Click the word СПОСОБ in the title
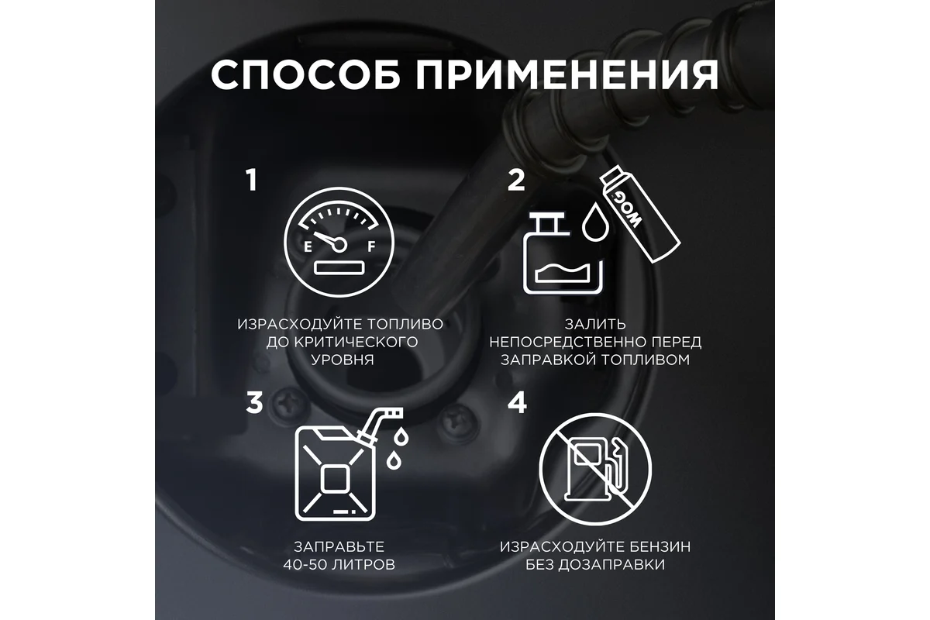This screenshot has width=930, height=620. pyautogui.click(x=305, y=74)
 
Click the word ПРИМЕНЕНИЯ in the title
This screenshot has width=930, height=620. pyautogui.click(x=567, y=74)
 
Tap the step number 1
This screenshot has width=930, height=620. pyautogui.click(x=252, y=180)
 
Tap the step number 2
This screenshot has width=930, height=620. pyautogui.click(x=516, y=181)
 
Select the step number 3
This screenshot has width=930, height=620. pyautogui.click(x=254, y=402)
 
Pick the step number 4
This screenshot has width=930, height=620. pyautogui.click(x=518, y=402)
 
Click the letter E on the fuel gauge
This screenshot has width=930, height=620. pyautogui.click(x=308, y=247)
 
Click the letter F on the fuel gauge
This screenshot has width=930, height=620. pyautogui.click(x=371, y=246)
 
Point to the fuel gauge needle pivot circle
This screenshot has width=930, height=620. pyautogui.click(x=339, y=245)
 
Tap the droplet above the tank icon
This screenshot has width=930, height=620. pyautogui.click(x=595, y=222)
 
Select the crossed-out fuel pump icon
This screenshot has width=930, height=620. pyautogui.click(x=595, y=469)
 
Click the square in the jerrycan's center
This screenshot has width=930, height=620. pyautogui.click(x=335, y=478)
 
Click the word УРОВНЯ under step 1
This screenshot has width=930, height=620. pyautogui.click(x=343, y=360)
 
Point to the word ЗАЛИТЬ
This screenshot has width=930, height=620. pyautogui.click(x=595, y=324)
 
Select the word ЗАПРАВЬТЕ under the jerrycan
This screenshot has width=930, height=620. pyautogui.click(x=339, y=546)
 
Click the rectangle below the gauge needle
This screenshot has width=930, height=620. pyautogui.click(x=339, y=267)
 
